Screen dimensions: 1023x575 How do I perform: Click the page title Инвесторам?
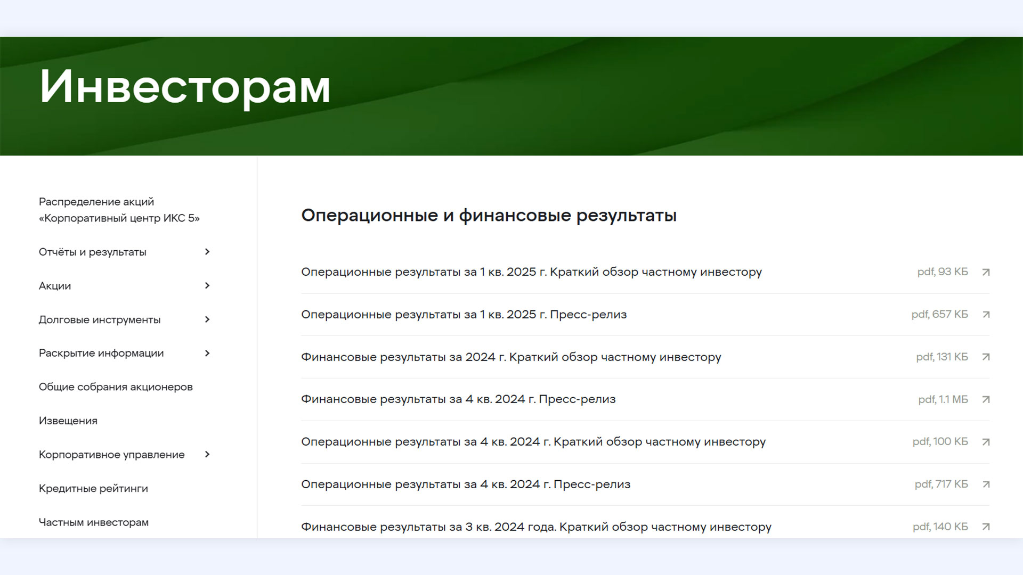click(x=185, y=87)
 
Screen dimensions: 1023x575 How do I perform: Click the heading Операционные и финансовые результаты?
click(x=489, y=216)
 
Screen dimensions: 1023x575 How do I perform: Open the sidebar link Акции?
click(x=55, y=286)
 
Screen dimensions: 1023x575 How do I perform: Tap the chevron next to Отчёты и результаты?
click(x=207, y=252)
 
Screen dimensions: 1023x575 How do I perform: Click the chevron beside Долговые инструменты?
click(x=207, y=319)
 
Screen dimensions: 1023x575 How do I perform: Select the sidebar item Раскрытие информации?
click(x=101, y=354)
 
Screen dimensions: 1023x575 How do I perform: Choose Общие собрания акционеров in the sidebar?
click(x=116, y=387)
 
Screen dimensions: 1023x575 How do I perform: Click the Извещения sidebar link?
click(x=68, y=421)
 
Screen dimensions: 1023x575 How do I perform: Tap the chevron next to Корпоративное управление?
click(x=207, y=455)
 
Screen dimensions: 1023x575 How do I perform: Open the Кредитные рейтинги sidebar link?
click(x=93, y=489)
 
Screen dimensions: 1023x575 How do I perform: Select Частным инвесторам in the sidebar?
click(x=94, y=522)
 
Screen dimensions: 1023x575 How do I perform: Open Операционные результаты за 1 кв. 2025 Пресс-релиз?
click(x=464, y=315)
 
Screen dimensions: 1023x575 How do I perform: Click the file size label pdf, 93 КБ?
click(x=943, y=272)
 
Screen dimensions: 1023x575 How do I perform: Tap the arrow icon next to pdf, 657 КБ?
click(x=986, y=315)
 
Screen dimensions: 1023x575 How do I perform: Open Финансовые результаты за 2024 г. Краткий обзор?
click(x=511, y=357)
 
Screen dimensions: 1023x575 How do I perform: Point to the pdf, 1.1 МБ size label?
click(x=943, y=399)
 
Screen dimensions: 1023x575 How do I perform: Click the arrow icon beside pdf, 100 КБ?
click(x=986, y=442)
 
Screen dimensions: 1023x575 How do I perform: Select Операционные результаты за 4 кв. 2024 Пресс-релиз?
click(x=466, y=484)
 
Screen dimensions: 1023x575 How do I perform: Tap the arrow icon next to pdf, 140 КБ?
click(x=986, y=527)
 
